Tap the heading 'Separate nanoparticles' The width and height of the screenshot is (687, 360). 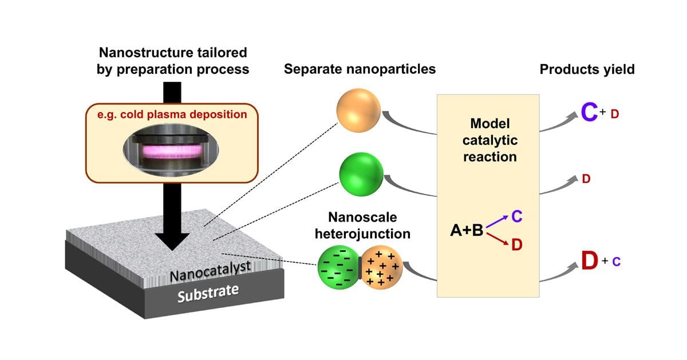click(360, 69)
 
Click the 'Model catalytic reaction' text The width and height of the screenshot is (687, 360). click(489, 140)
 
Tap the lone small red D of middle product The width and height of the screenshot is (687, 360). click(586, 179)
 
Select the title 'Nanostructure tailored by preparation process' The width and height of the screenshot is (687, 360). click(173, 61)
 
